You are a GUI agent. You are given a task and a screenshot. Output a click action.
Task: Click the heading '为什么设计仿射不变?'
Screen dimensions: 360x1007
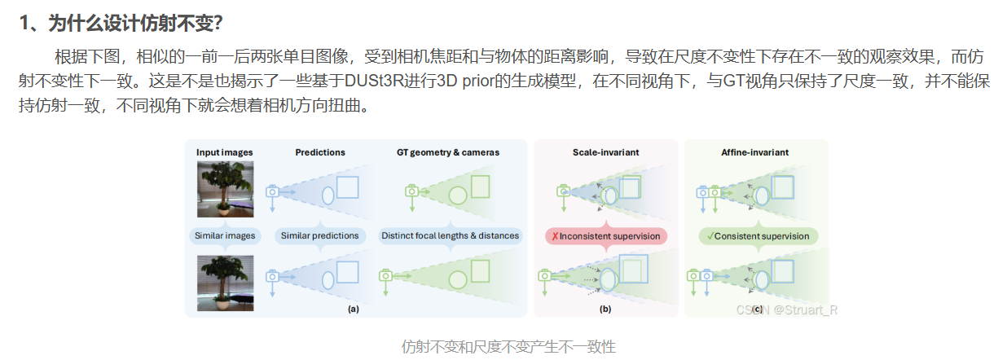134,24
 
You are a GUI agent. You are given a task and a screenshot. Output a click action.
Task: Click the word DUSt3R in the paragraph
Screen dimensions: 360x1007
375,81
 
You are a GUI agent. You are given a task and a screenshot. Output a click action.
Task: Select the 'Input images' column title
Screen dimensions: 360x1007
224,152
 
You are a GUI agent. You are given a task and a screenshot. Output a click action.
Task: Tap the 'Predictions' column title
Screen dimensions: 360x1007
319,152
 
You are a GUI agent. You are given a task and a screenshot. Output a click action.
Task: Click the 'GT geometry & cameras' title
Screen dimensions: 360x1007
448,152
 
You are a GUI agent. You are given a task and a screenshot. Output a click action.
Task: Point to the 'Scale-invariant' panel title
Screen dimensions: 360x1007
605,152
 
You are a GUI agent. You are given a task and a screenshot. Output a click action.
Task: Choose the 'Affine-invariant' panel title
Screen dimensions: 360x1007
755,152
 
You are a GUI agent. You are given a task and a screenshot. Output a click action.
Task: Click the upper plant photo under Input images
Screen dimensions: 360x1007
225,190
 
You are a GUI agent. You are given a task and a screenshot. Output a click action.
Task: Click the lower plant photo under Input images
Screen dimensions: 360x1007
225,283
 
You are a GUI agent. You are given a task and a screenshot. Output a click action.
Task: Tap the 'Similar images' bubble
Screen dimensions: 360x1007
225,236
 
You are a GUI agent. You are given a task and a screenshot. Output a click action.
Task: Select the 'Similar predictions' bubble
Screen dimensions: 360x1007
319,236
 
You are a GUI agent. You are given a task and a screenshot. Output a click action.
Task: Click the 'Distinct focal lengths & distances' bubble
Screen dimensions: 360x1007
450,236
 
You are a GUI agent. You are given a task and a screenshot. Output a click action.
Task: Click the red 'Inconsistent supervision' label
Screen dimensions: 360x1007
606,236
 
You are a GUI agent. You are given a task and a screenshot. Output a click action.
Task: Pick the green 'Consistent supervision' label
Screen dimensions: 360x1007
758,236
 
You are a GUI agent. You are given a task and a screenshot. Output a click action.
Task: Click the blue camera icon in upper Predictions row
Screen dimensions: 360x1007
273,191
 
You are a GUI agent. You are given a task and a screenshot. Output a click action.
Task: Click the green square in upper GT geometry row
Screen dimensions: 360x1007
481,187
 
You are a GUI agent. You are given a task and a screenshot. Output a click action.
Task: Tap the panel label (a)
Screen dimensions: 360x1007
353,309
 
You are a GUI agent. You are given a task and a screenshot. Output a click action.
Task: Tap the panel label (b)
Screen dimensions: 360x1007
605,309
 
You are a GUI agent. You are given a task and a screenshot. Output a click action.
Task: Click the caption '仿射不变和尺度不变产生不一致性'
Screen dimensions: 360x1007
508,347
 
